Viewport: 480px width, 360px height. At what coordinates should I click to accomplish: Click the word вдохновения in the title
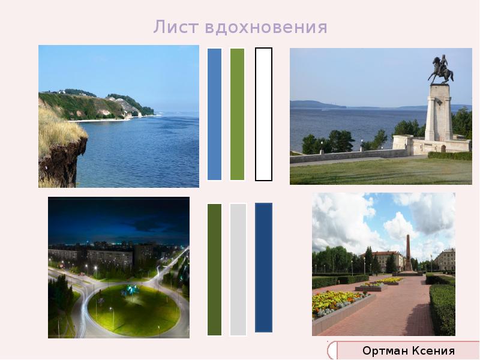point(266,28)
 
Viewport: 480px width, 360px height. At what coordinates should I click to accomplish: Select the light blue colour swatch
point(214,114)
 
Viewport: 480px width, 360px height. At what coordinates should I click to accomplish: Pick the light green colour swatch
point(238,114)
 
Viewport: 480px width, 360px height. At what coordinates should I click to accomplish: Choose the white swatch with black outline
point(263,114)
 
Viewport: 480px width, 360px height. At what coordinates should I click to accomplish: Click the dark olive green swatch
point(214,269)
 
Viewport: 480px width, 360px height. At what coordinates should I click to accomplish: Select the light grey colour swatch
point(238,269)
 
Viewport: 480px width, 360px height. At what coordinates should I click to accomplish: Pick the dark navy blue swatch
point(263,268)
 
